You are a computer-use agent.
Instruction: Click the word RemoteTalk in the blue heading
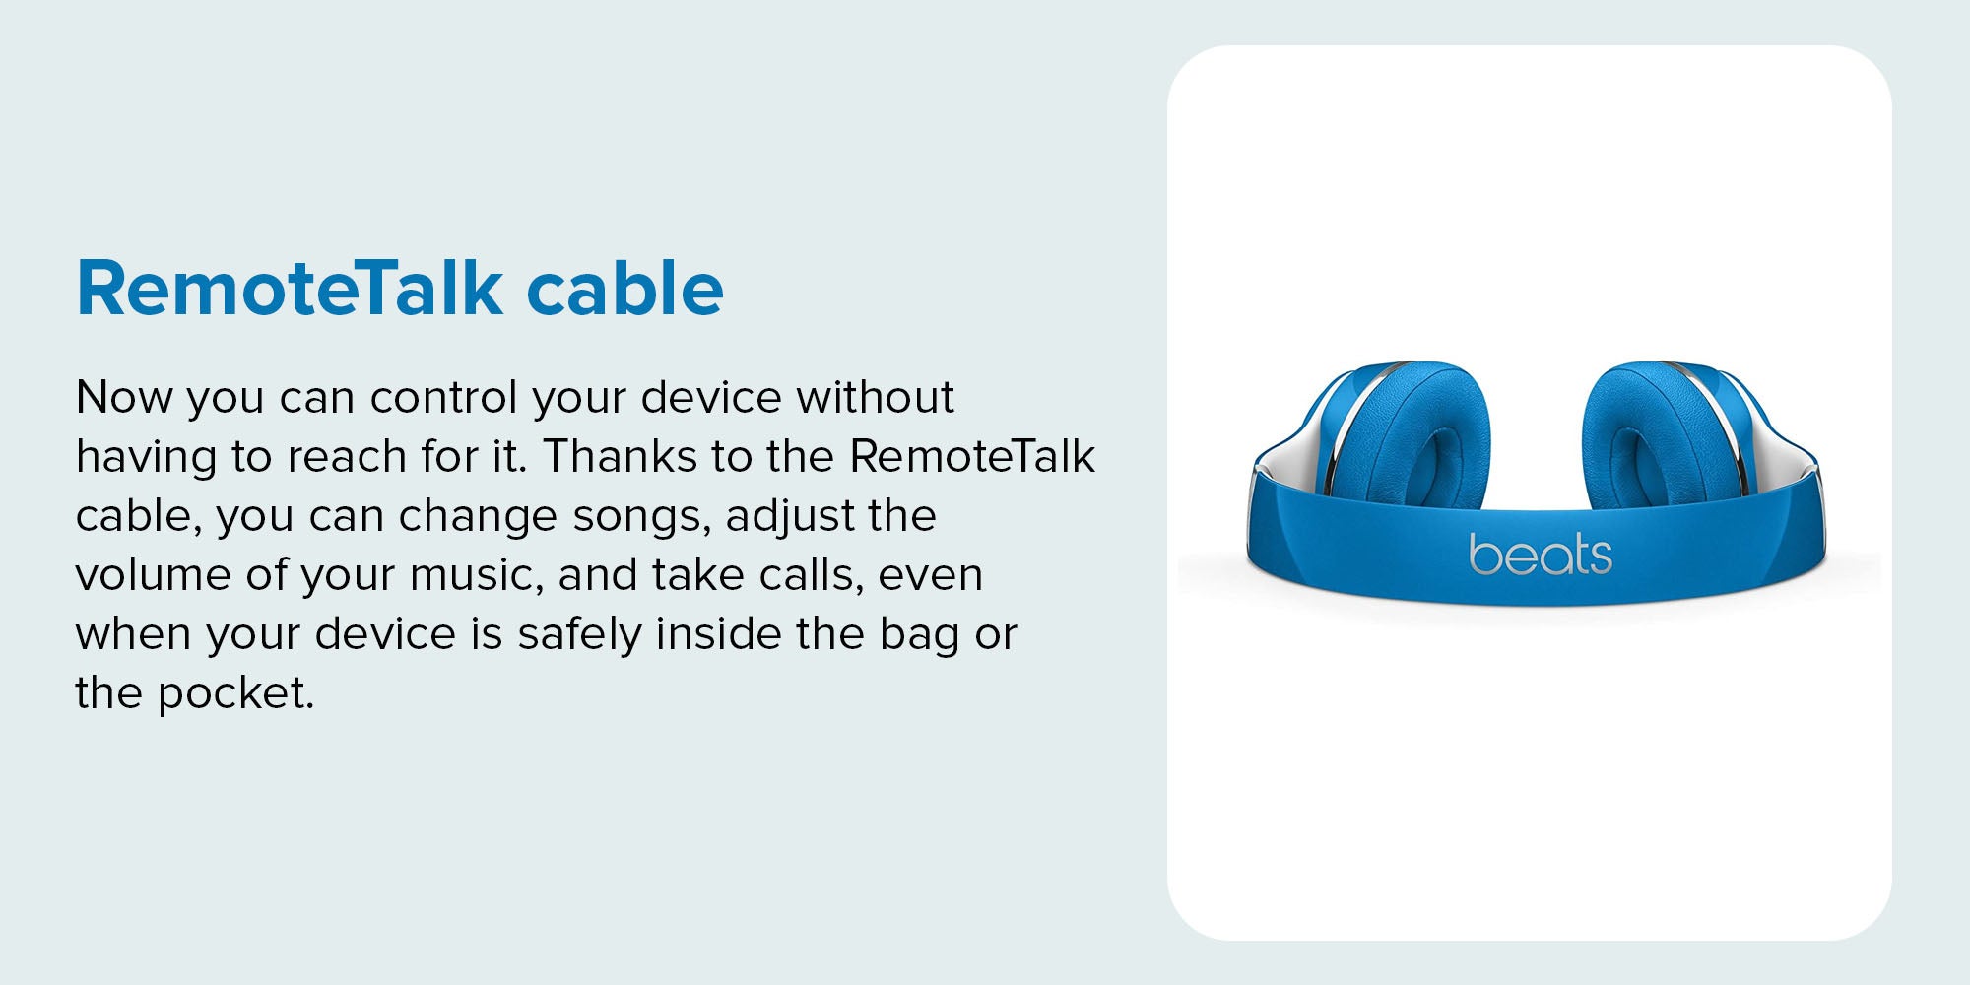tap(291, 288)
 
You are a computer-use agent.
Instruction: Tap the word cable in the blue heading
tap(625, 288)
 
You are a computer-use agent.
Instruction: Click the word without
tap(876, 397)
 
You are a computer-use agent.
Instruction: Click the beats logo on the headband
tap(1541, 555)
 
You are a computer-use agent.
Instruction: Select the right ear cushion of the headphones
tap(1655, 438)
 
